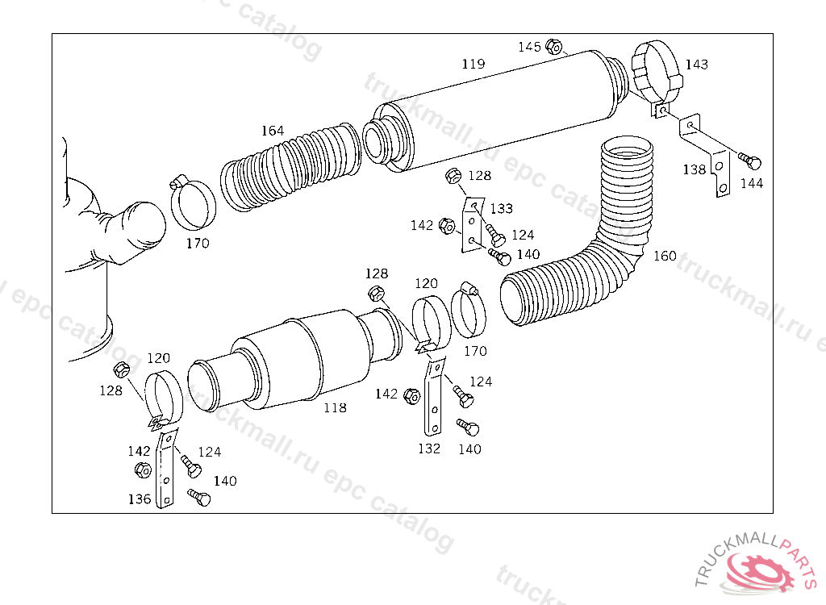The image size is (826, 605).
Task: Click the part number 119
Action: (x=473, y=64)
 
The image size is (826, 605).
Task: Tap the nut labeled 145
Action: (x=553, y=46)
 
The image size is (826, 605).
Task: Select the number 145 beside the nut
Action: (x=529, y=47)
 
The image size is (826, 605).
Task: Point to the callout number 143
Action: (x=697, y=65)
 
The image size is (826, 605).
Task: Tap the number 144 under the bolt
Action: (x=751, y=183)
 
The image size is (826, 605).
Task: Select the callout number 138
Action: (x=694, y=169)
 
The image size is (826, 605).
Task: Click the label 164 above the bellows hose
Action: (x=273, y=130)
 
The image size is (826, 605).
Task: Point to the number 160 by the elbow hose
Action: (x=665, y=256)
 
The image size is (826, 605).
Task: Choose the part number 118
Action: (x=335, y=408)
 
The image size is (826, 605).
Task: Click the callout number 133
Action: (x=501, y=208)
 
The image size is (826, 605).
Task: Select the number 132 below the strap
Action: (x=429, y=449)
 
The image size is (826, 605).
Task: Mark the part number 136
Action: (x=140, y=499)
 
